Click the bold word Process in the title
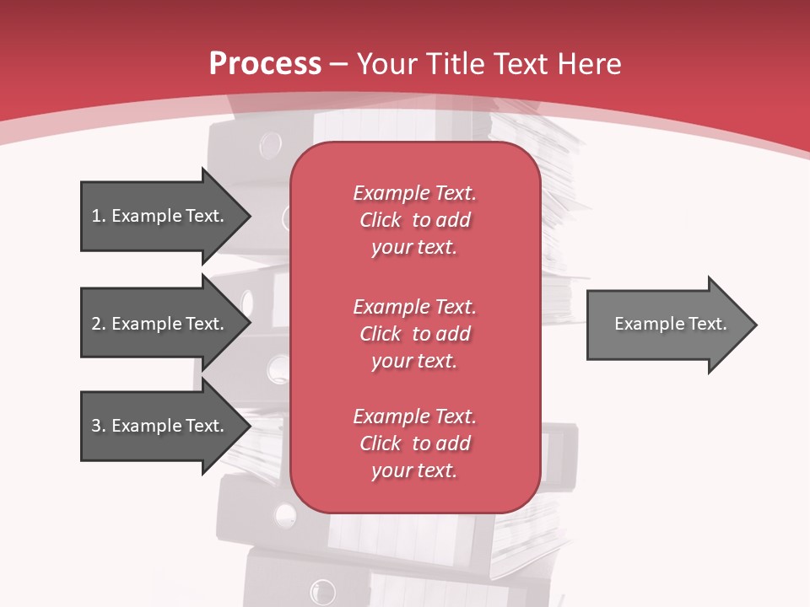265,64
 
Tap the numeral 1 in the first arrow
96,216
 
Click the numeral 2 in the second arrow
96,324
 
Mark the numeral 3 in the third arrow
96,426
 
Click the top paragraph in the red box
414,220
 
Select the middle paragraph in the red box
414,333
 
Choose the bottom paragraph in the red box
414,443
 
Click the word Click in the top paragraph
381,220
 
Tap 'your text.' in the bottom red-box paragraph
414,470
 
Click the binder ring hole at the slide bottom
322,591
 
